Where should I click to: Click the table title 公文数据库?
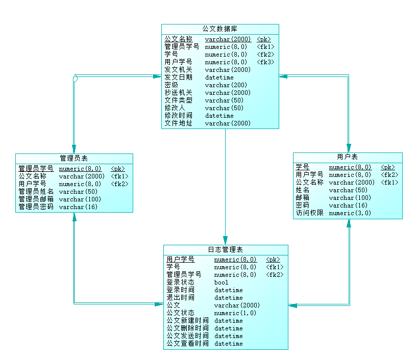tap(219, 29)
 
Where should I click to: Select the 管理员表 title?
tap(74, 159)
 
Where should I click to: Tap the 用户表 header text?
tap(347, 157)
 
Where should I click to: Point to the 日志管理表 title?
tap(225, 250)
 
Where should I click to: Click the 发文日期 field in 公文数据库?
tap(178, 78)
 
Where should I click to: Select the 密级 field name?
tap(171, 85)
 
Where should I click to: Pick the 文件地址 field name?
tap(178, 123)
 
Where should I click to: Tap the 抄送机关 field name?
tap(178, 93)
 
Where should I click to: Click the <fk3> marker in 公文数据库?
tap(265, 62)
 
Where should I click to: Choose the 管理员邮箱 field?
tap(36, 199)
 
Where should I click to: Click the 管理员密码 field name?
tap(36, 207)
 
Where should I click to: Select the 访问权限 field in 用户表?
tap(309, 213)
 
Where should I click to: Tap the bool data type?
tap(221, 282)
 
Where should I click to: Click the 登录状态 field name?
tap(180, 282)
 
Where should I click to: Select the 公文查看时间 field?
tap(187, 344)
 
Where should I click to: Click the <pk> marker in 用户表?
tap(388, 167)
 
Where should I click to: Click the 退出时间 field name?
tap(180, 298)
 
